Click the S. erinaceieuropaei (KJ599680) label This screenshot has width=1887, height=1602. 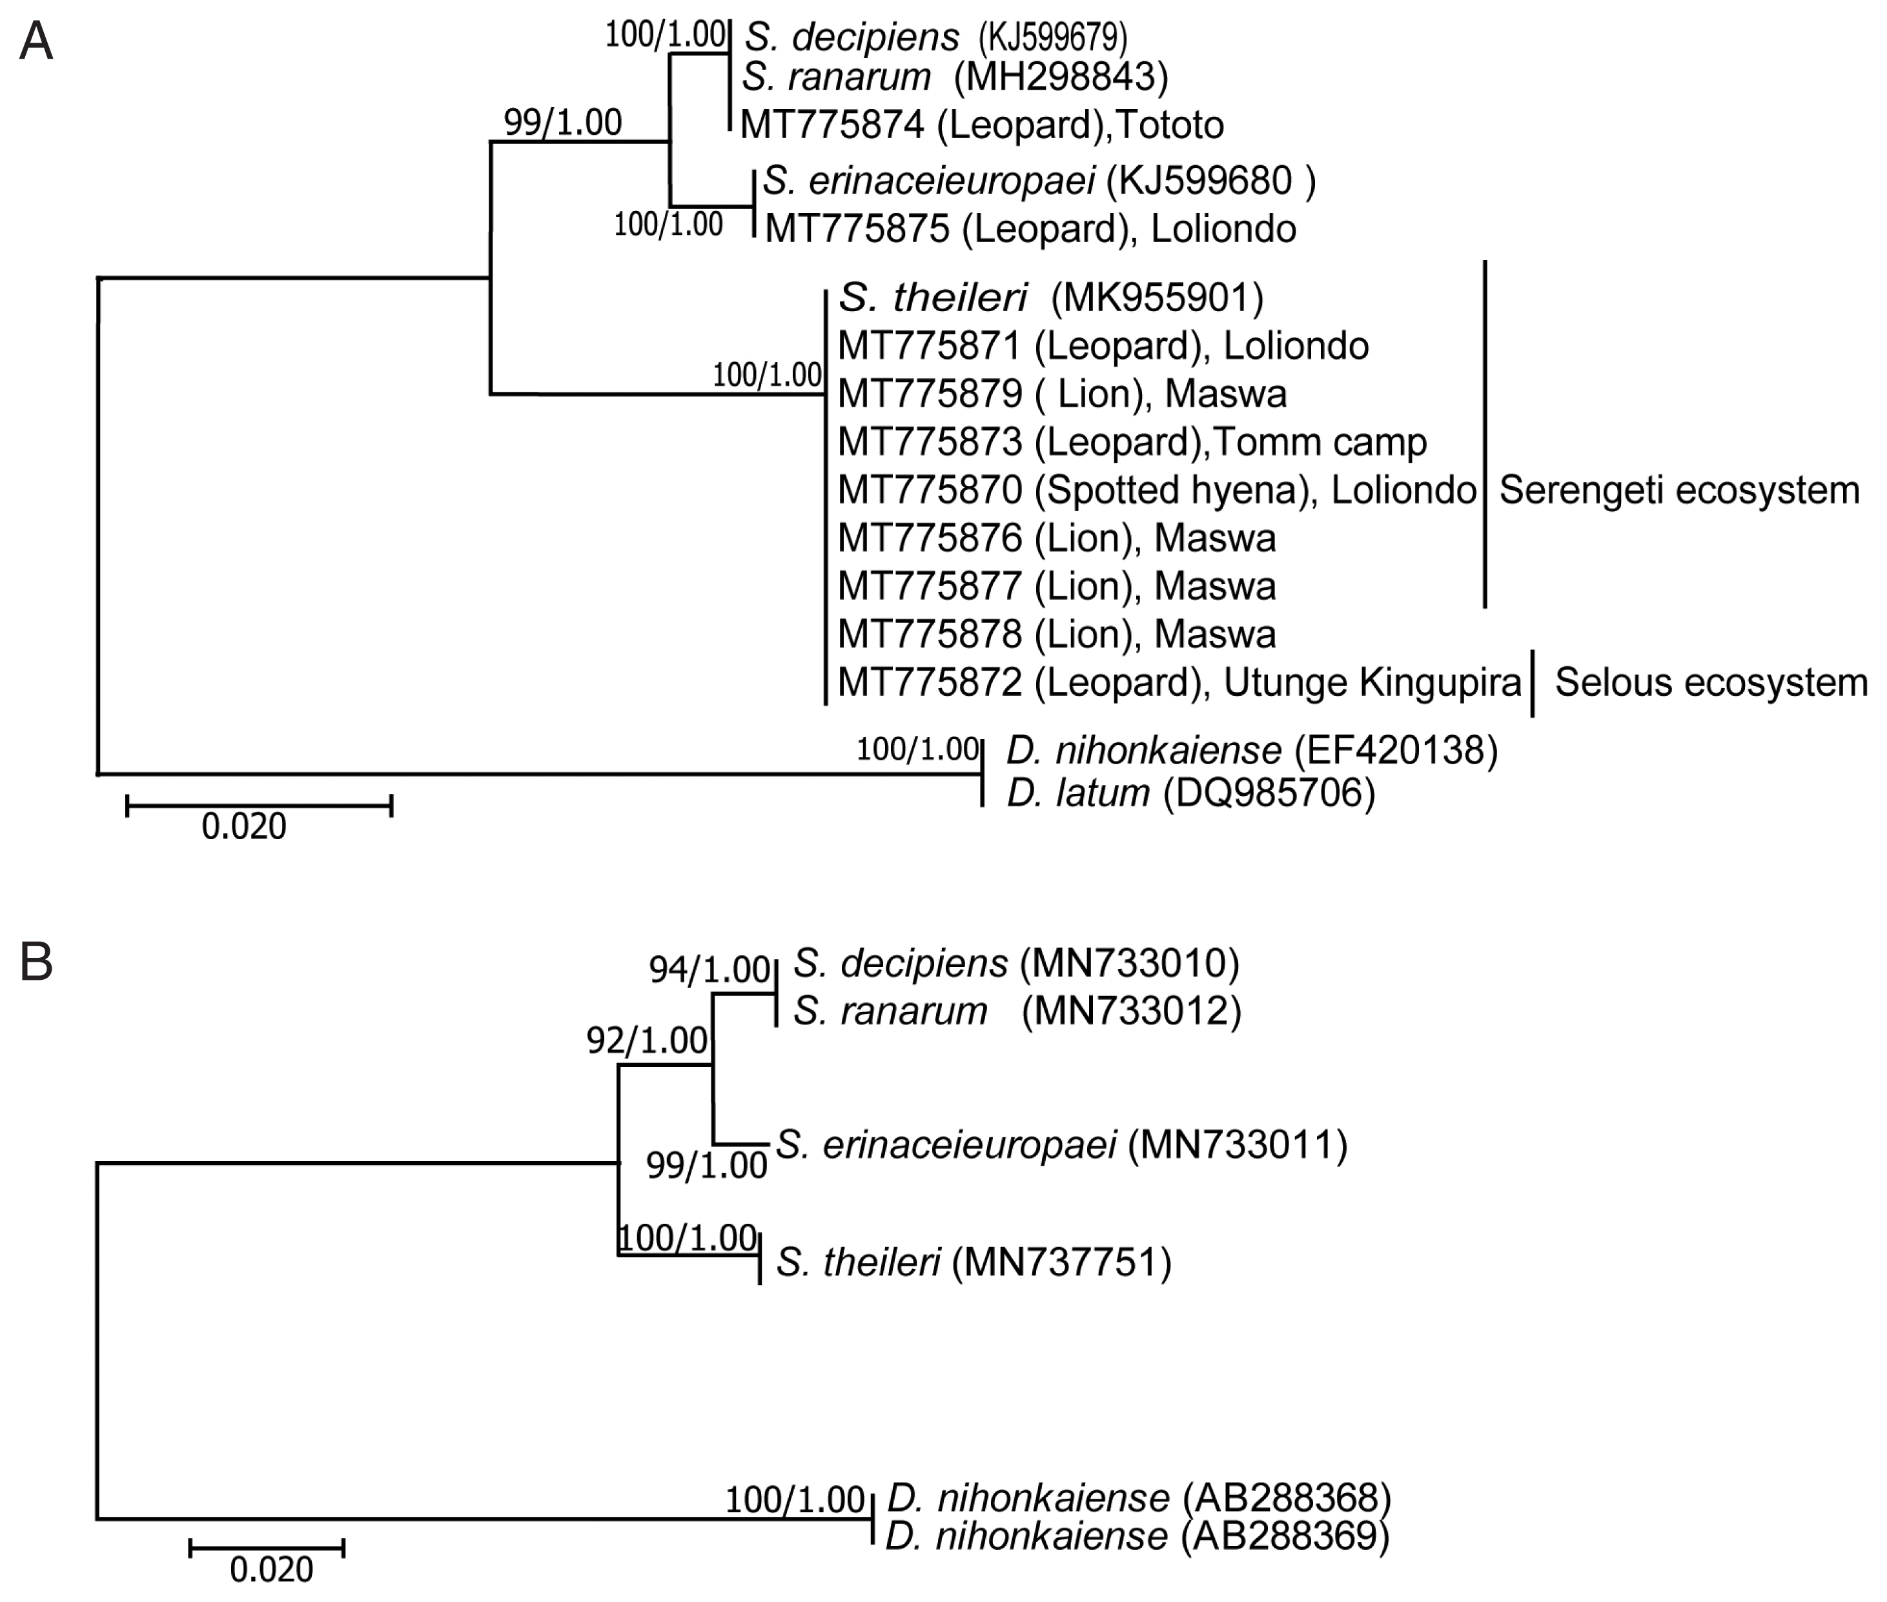[x=1039, y=181]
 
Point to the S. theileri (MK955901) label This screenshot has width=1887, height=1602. [x=1050, y=297]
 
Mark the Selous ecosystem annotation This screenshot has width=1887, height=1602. [x=1711, y=683]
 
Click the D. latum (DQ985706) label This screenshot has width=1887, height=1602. [x=1190, y=794]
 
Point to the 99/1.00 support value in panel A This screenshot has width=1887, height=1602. [x=563, y=122]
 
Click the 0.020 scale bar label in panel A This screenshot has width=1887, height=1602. [x=243, y=826]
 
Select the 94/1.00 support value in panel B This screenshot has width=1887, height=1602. [x=709, y=970]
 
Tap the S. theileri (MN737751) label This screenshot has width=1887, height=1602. [x=974, y=1262]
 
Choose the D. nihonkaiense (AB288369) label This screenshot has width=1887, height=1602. [x=1137, y=1536]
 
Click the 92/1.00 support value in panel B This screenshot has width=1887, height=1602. [x=647, y=1040]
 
